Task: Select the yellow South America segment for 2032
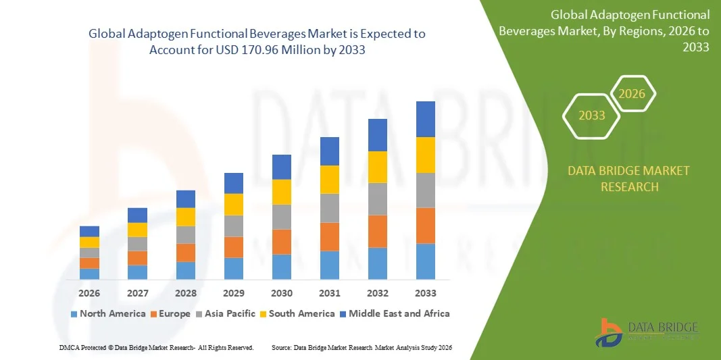click(377, 167)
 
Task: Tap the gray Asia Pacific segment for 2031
click(329, 208)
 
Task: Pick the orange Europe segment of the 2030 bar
click(281, 242)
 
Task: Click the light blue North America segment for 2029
click(233, 268)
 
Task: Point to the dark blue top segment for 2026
click(89, 231)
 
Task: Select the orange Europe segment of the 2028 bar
click(185, 253)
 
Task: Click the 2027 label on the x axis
click(137, 293)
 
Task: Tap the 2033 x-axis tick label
click(425, 293)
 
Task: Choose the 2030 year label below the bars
click(281, 293)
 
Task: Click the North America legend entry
click(107, 313)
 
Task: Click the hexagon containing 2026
click(633, 94)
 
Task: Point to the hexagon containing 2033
click(591, 115)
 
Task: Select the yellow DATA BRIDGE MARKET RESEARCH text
click(629, 178)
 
